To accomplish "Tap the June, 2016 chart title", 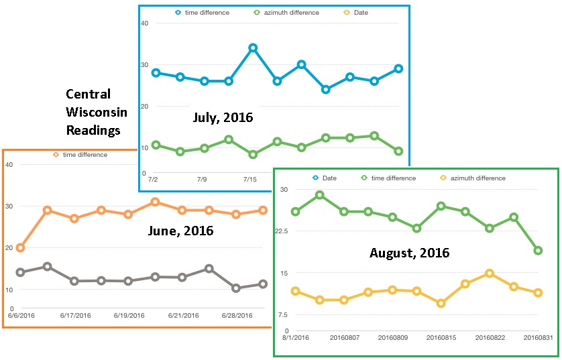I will [x=180, y=231].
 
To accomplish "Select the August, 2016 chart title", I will [x=409, y=253].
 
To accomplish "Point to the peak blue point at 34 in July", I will [x=253, y=48].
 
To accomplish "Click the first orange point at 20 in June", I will [x=20, y=247].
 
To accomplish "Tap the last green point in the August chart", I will [x=538, y=250].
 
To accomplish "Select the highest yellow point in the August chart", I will [x=490, y=274].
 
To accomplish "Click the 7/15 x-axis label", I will [x=249, y=180].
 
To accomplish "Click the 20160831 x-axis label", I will [x=538, y=337].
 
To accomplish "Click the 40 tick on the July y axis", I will [x=144, y=23].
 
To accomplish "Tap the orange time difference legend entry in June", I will [x=80, y=154].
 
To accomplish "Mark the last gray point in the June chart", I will [x=263, y=284].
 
